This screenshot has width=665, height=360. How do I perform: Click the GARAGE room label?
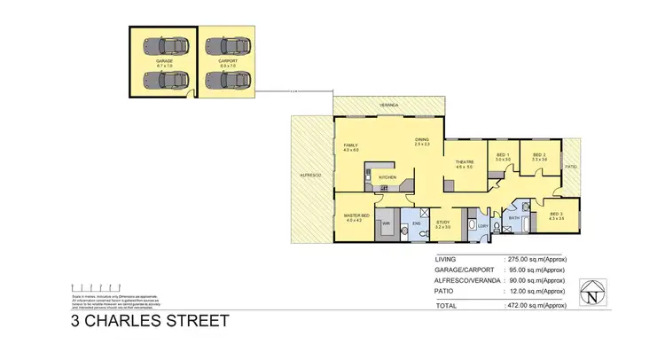click(x=164, y=61)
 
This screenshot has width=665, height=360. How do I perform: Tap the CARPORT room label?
click(x=229, y=61)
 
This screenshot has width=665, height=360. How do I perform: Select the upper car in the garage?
click(x=164, y=45)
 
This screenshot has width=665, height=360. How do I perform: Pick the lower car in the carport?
click(x=229, y=79)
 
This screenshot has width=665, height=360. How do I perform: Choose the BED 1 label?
click(x=502, y=156)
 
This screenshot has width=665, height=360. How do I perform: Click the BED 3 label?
click(x=556, y=214)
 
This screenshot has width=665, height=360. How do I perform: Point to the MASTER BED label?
click(x=357, y=215)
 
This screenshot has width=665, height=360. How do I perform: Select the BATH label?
click(x=513, y=217)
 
